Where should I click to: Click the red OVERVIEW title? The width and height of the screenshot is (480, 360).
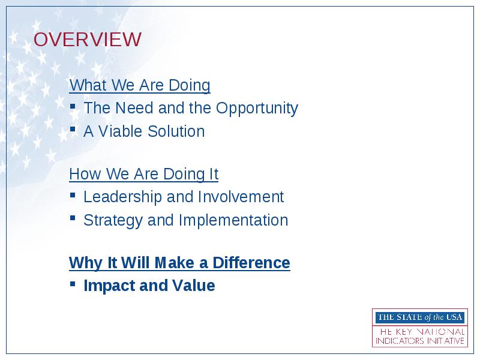pos(87,39)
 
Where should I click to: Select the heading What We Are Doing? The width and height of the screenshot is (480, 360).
pos(140,85)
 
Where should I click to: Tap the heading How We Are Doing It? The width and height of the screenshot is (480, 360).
pos(143,174)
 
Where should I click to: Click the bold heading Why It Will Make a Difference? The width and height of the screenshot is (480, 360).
pos(179,263)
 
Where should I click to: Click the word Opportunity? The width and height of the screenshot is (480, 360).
pos(257,109)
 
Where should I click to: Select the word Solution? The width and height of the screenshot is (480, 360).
pos(176,131)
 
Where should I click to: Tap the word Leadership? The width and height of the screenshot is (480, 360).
pos(122,197)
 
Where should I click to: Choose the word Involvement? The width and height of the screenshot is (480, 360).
pos(241,197)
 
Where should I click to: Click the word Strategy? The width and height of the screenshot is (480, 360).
pos(113,220)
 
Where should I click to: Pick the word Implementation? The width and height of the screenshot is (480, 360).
pos(233,220)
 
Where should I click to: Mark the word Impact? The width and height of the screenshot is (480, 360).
pos(109,286)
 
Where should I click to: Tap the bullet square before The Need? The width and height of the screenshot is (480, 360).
pos(73,106)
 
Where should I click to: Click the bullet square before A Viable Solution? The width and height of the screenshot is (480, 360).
pos(73,129)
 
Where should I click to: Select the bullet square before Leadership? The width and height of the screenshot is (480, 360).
pos(73,194)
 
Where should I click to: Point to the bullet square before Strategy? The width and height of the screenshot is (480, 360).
pos(73,218)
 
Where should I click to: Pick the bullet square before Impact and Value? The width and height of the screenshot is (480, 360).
pos(73,284)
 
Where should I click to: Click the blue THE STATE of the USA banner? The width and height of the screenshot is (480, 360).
pos(420,317)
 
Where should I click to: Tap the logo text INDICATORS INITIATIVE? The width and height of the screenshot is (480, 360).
pos(420,341)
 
